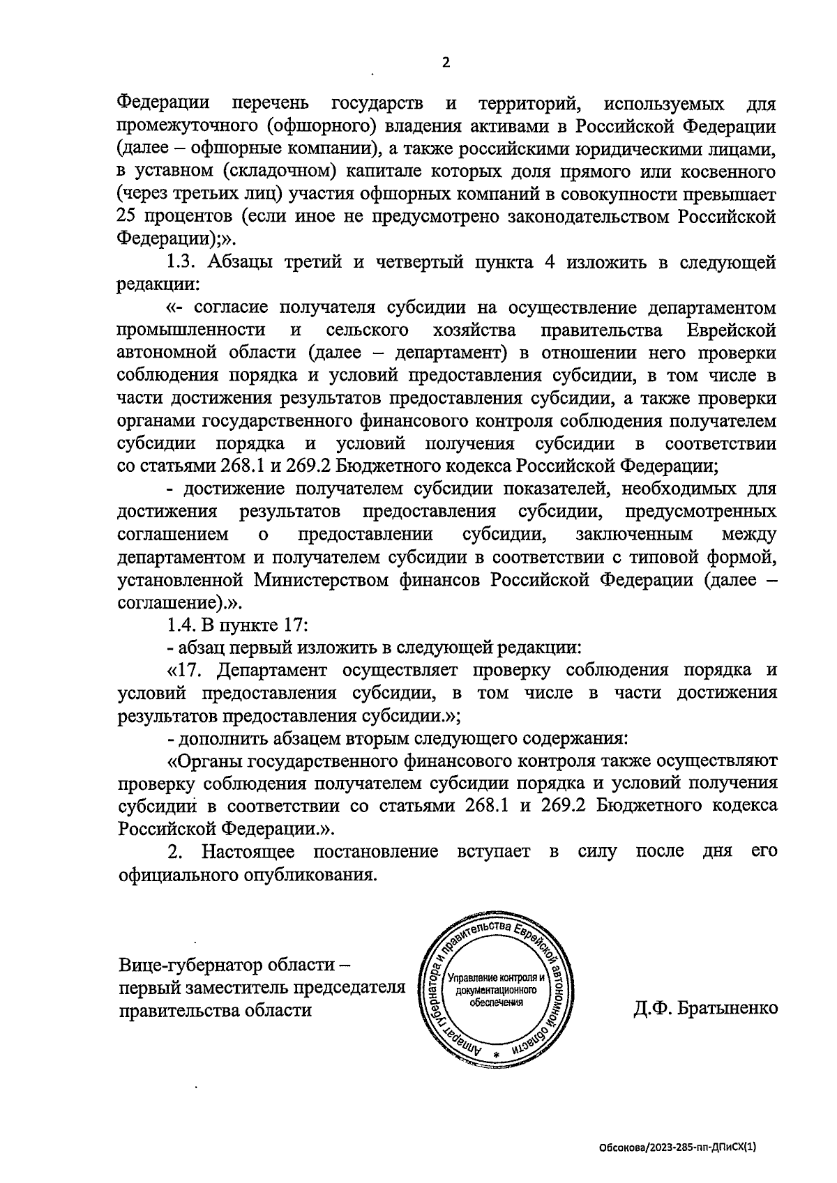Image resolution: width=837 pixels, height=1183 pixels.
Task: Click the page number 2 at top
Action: (446, 63)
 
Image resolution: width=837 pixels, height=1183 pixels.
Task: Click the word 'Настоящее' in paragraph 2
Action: (248, 852)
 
